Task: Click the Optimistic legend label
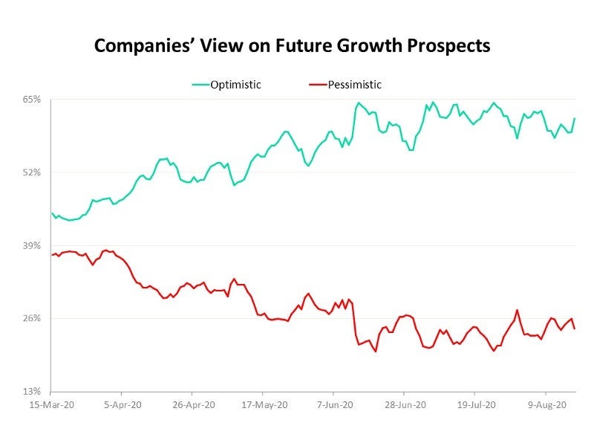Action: [236, 85]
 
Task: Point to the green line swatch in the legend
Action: [200, 85]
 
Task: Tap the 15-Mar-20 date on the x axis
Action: [50, 405]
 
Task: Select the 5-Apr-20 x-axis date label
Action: [122, 405]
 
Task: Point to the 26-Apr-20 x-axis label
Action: [192, 405]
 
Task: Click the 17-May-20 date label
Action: [263, 405]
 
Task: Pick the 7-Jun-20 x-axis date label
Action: [333, 405]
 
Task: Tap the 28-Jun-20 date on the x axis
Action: [404, 405]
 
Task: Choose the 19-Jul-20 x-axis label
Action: [474, 405]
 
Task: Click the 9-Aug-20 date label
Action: [546, 405]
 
